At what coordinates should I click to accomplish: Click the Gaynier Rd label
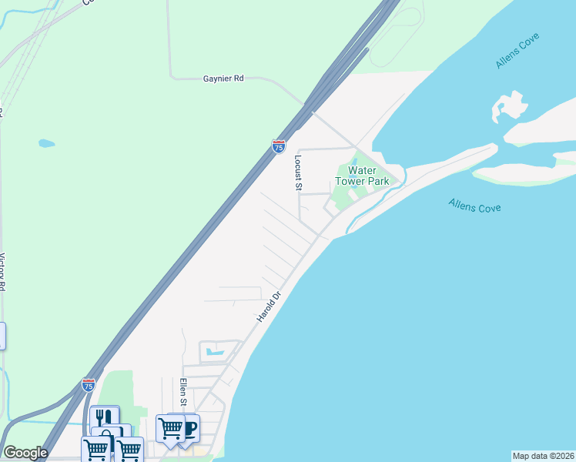click(x=223, y=79)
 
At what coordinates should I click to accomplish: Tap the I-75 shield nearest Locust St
click(x=279, y=145)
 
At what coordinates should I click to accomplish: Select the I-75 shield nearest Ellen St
click(x=89, y=383)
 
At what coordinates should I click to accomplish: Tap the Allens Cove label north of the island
click(x=517, y=51)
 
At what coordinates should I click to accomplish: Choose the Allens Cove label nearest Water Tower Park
click(x=474, y=206)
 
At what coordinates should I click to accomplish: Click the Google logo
click(x=25, y=453)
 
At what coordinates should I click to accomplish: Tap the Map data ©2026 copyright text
click(x=543, y=456)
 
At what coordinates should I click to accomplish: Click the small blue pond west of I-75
click(x=47, y=143)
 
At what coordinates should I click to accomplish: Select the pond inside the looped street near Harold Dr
click(x=216, y=353)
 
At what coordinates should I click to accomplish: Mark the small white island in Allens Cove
click(x=508, y=106)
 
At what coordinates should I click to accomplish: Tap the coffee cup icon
click(x=187, y=427)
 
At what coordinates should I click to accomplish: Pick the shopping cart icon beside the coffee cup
click(x=169, y=427)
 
